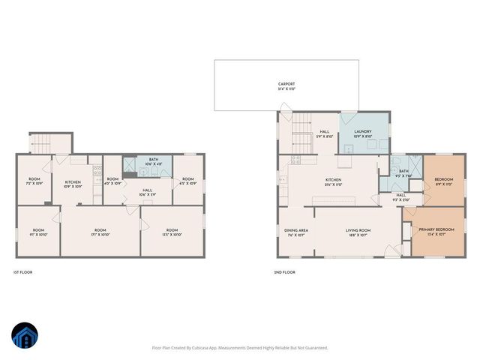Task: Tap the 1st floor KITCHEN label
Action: point(73,184)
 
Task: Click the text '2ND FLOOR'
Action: point(285,272)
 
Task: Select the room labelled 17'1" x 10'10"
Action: point(100,232)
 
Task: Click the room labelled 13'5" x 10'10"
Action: point(172,232)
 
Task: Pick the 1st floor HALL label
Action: point(147,192)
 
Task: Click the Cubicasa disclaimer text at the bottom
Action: point(240,347)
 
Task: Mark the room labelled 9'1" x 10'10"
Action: point(37,232)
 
